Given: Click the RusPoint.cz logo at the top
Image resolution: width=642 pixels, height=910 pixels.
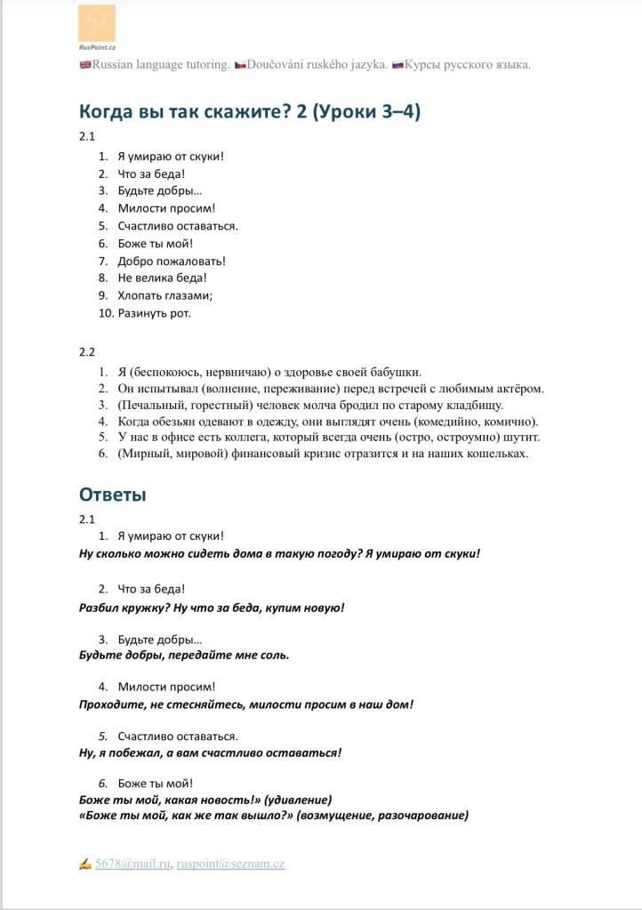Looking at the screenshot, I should coord(96,27).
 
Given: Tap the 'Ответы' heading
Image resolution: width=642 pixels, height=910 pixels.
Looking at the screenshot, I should coord(112,494).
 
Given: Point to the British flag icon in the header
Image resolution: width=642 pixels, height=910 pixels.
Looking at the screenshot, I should coord(85,65).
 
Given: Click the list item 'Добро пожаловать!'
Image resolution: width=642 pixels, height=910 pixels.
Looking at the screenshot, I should coord(172,261).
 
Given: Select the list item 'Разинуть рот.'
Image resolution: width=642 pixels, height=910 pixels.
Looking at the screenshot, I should coord(155,312).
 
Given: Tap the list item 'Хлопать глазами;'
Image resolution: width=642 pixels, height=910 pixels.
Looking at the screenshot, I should coord(165,295).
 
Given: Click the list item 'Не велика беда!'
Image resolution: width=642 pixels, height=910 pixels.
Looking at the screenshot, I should coord(162,278).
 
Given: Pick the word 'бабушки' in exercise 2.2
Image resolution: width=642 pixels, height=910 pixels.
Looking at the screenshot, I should coord(395,372).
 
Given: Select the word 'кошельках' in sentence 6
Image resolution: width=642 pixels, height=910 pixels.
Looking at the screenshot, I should coord(499,454).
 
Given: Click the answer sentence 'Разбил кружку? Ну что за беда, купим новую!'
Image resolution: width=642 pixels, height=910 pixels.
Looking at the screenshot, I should coord(212,607).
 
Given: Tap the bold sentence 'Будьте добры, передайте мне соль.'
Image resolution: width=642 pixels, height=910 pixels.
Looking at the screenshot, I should coord(184,655).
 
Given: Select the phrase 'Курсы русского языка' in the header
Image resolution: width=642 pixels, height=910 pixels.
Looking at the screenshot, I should coord(467,65).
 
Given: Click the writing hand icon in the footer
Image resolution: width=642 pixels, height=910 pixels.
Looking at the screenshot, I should coord(85,863).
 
